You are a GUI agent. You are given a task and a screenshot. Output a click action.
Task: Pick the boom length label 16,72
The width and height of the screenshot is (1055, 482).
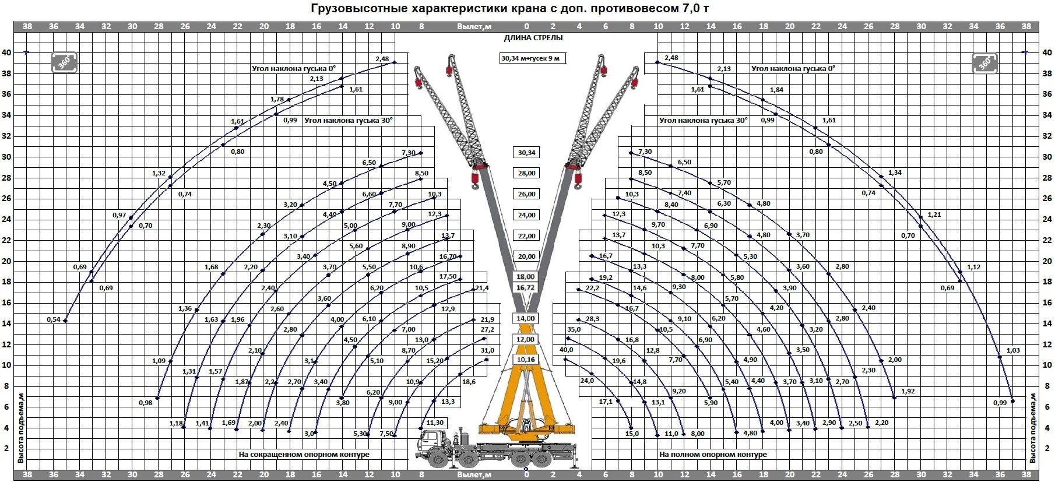(526, 288)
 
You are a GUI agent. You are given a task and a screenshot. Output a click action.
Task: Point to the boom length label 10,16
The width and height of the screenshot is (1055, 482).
(526, 360)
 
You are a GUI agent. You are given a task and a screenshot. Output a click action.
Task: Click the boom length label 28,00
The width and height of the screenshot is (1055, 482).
(526, 173)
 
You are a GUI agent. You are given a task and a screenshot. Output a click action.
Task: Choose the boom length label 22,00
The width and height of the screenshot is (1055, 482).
(526, 236)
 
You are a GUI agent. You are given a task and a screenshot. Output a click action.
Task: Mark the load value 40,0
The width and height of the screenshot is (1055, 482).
(566, 350)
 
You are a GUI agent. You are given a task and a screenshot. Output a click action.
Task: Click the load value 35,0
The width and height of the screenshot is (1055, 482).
(574, 329)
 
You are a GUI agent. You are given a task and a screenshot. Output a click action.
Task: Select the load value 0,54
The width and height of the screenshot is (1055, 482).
(54, 319)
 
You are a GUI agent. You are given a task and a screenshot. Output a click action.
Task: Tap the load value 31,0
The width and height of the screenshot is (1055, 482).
(487, 350)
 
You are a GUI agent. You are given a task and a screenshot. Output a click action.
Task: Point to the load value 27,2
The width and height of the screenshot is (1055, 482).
(487, 329)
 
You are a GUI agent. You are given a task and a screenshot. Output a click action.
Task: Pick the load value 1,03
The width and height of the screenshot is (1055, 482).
(1013, 350)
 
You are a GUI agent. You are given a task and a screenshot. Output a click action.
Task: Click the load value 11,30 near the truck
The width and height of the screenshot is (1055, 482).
(435, 423)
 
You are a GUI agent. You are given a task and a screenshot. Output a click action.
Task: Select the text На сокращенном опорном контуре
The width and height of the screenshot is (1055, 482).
(304, 454)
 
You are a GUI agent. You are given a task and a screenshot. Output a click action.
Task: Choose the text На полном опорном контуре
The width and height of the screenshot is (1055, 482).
(713, 454)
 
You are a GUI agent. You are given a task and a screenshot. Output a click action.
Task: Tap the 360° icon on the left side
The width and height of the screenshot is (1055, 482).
(64, 62)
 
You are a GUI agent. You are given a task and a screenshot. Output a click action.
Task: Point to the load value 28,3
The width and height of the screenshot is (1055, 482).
(592, 319)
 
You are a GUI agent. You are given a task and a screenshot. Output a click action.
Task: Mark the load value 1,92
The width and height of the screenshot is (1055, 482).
(908, 391)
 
